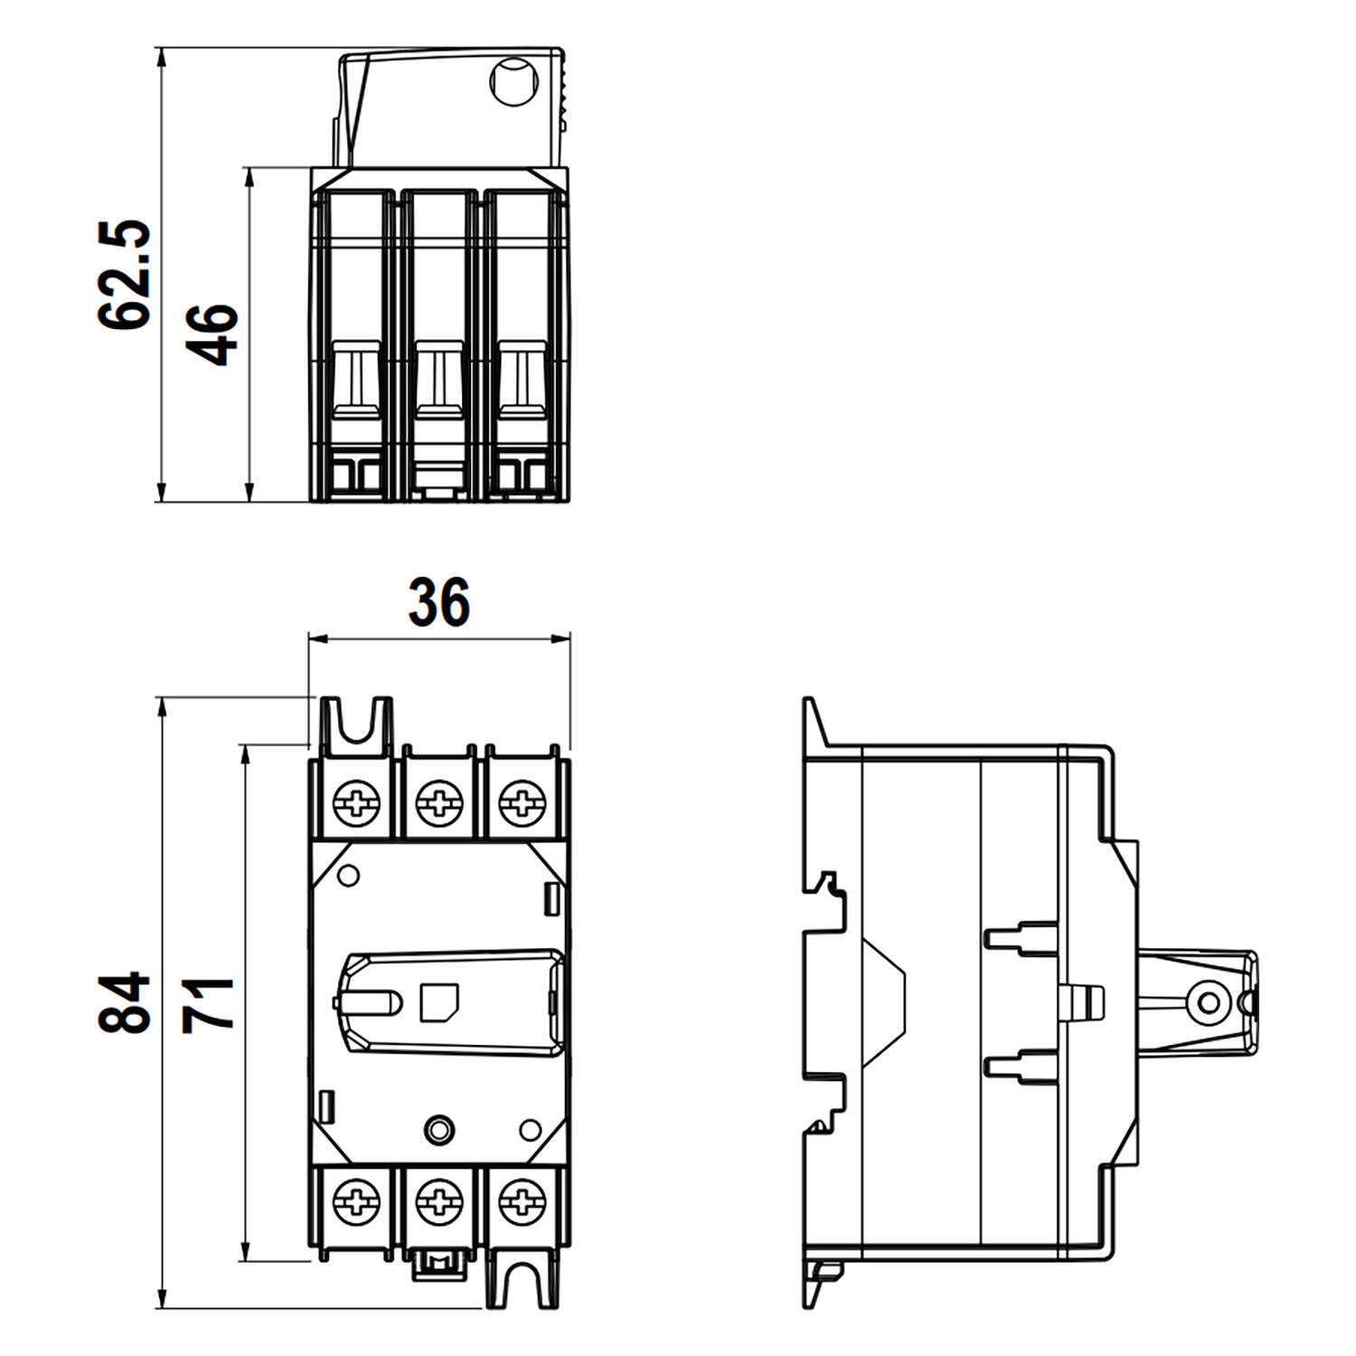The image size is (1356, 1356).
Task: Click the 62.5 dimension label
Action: point(124,275)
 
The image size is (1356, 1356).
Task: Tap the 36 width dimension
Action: point(439,603)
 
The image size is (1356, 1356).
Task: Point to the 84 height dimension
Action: point(124,1003)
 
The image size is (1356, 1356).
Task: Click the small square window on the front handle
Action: point(440,1003)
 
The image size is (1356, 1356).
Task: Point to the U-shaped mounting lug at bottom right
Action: point(523,1284)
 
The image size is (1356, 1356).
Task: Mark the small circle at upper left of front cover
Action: point(348,875)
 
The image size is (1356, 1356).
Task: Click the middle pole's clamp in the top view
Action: point(439,380)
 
